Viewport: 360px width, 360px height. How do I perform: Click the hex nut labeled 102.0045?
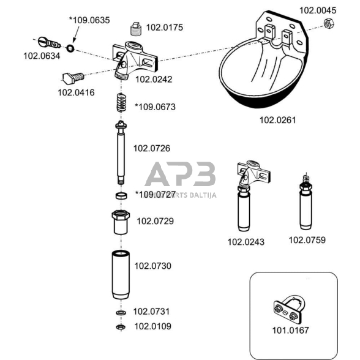[329, 23]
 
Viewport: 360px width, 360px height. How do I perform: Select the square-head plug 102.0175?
[136, 29]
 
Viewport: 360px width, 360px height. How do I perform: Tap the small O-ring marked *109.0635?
[70, 48]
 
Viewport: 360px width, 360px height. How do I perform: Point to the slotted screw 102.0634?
[49, 42]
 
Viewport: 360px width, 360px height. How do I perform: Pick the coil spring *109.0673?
[121, 103]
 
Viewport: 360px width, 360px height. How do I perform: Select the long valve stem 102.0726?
[121, 152]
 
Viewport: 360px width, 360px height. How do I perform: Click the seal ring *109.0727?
[121, 196]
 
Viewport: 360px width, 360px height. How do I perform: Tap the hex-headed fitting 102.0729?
[121, 222]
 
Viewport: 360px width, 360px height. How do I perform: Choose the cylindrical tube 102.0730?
[121, 274]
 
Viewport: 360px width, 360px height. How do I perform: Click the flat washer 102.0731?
[121, 312]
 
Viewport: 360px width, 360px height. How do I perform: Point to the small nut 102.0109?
[121, 327]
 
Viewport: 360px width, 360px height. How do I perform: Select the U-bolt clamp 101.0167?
[290, 308]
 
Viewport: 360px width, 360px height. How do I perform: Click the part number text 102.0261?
[277, 120]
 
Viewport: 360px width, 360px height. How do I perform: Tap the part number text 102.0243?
[246, 242]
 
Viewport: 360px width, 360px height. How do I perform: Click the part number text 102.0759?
[307, 240]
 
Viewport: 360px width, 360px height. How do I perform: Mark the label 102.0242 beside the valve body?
[154, 80]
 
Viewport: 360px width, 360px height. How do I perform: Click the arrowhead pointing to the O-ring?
[73, 40]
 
